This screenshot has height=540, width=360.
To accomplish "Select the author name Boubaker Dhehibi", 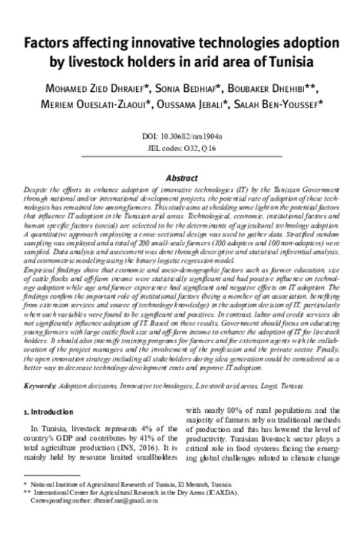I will [x=276, y=89].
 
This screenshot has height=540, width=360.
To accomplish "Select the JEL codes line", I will [x=180, y=148].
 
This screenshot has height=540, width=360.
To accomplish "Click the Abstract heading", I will [x=181, y=178].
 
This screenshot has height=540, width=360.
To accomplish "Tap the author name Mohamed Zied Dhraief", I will [x=94, y=89].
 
